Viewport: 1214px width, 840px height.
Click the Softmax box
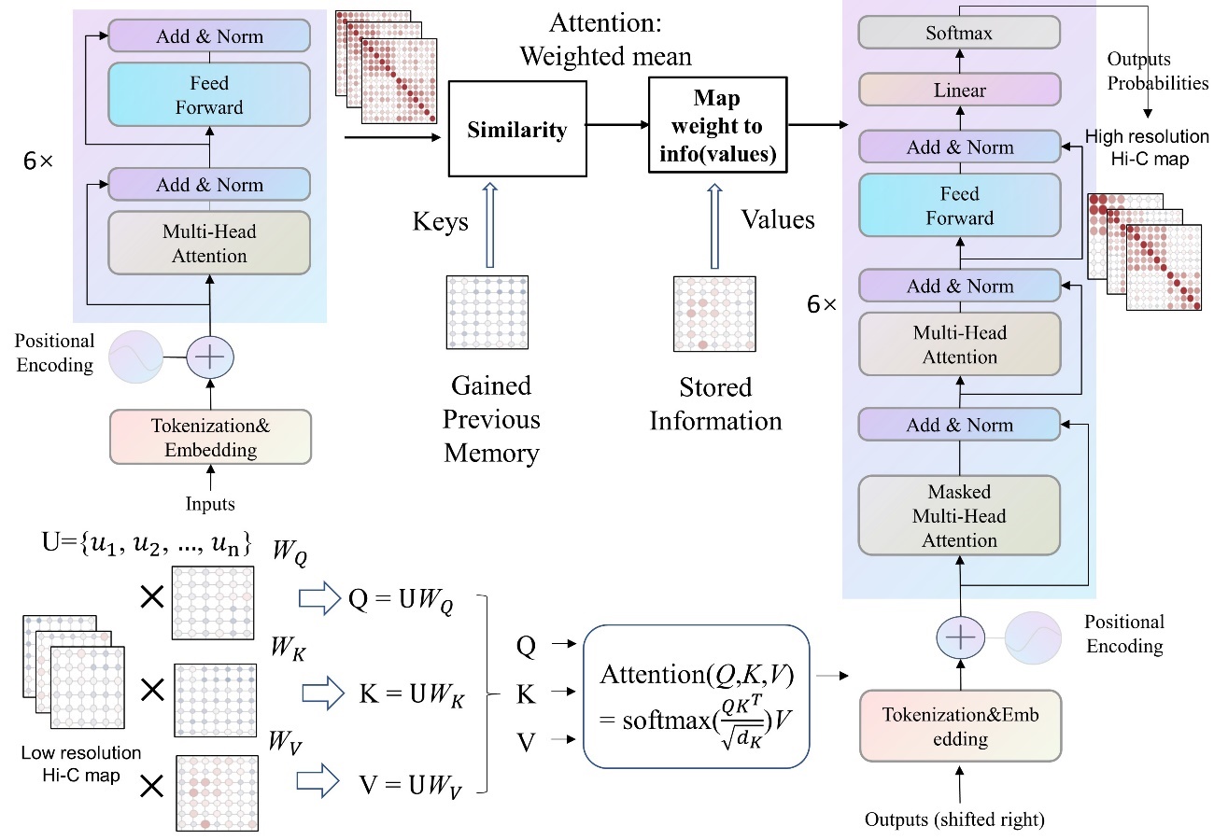point(960,33)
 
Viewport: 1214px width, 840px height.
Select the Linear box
point(960,91)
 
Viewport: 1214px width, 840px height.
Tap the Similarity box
point(517,129)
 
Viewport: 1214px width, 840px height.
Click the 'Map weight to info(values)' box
point(714,127)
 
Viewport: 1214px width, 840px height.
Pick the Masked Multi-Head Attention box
point(960,516)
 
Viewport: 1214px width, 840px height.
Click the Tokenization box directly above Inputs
point(210,437)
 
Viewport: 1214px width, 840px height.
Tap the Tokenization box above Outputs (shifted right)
point(960,726)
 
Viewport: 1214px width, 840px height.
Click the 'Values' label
point(778,219)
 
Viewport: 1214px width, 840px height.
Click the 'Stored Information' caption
point(715,404)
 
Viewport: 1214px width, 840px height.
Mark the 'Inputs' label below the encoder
point(210,505)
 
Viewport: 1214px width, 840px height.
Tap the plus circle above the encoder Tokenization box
point(210,357)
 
